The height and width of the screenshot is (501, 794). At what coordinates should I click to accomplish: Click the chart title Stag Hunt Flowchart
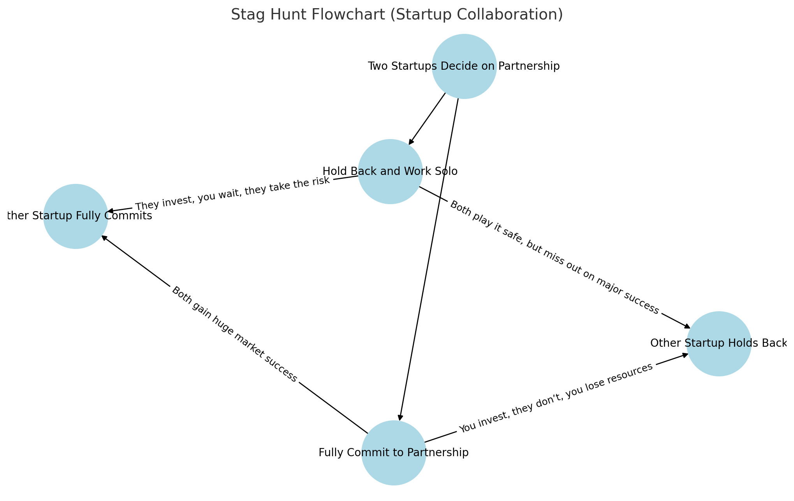click(x=397, y=15)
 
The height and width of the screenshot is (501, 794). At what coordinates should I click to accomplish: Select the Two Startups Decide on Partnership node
click(x=464, y=66)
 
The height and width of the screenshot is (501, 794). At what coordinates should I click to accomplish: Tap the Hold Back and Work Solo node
click(x=390, y=171)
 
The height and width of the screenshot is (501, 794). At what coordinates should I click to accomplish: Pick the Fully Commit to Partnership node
click(x=393, y=453)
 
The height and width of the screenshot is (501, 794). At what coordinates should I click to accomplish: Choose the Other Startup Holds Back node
click(x=718, y=344)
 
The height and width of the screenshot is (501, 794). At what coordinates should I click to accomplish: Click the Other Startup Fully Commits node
click(x=76, y=216)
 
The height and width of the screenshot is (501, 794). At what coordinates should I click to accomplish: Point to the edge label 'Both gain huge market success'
click(x=234, y=334)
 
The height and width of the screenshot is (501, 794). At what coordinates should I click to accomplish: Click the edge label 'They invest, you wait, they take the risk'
click(x=232, y=193)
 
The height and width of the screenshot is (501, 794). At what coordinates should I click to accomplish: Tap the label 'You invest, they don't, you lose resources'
click(x=555, y=399)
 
